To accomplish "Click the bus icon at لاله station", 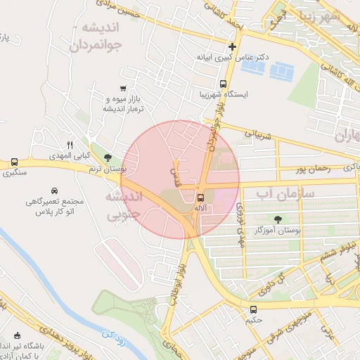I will pyautogui.click(x=201, y=198).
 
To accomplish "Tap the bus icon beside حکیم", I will pyautogui.click(x=253, y=309).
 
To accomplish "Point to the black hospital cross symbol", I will pyautogui.click(x=232, y=47).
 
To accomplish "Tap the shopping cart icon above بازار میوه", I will pyautogui.click(x=124, y=88).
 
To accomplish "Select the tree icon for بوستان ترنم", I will pyautogui.click(x=107, y=158).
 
